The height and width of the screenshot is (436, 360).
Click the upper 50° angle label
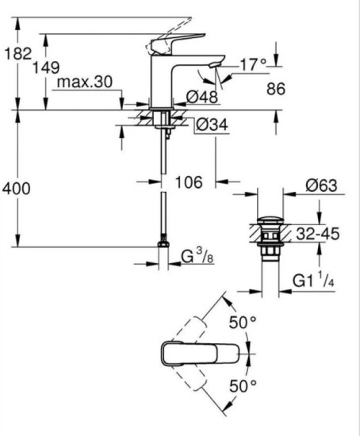(242, 324)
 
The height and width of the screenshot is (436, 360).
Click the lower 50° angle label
(242, 386)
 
